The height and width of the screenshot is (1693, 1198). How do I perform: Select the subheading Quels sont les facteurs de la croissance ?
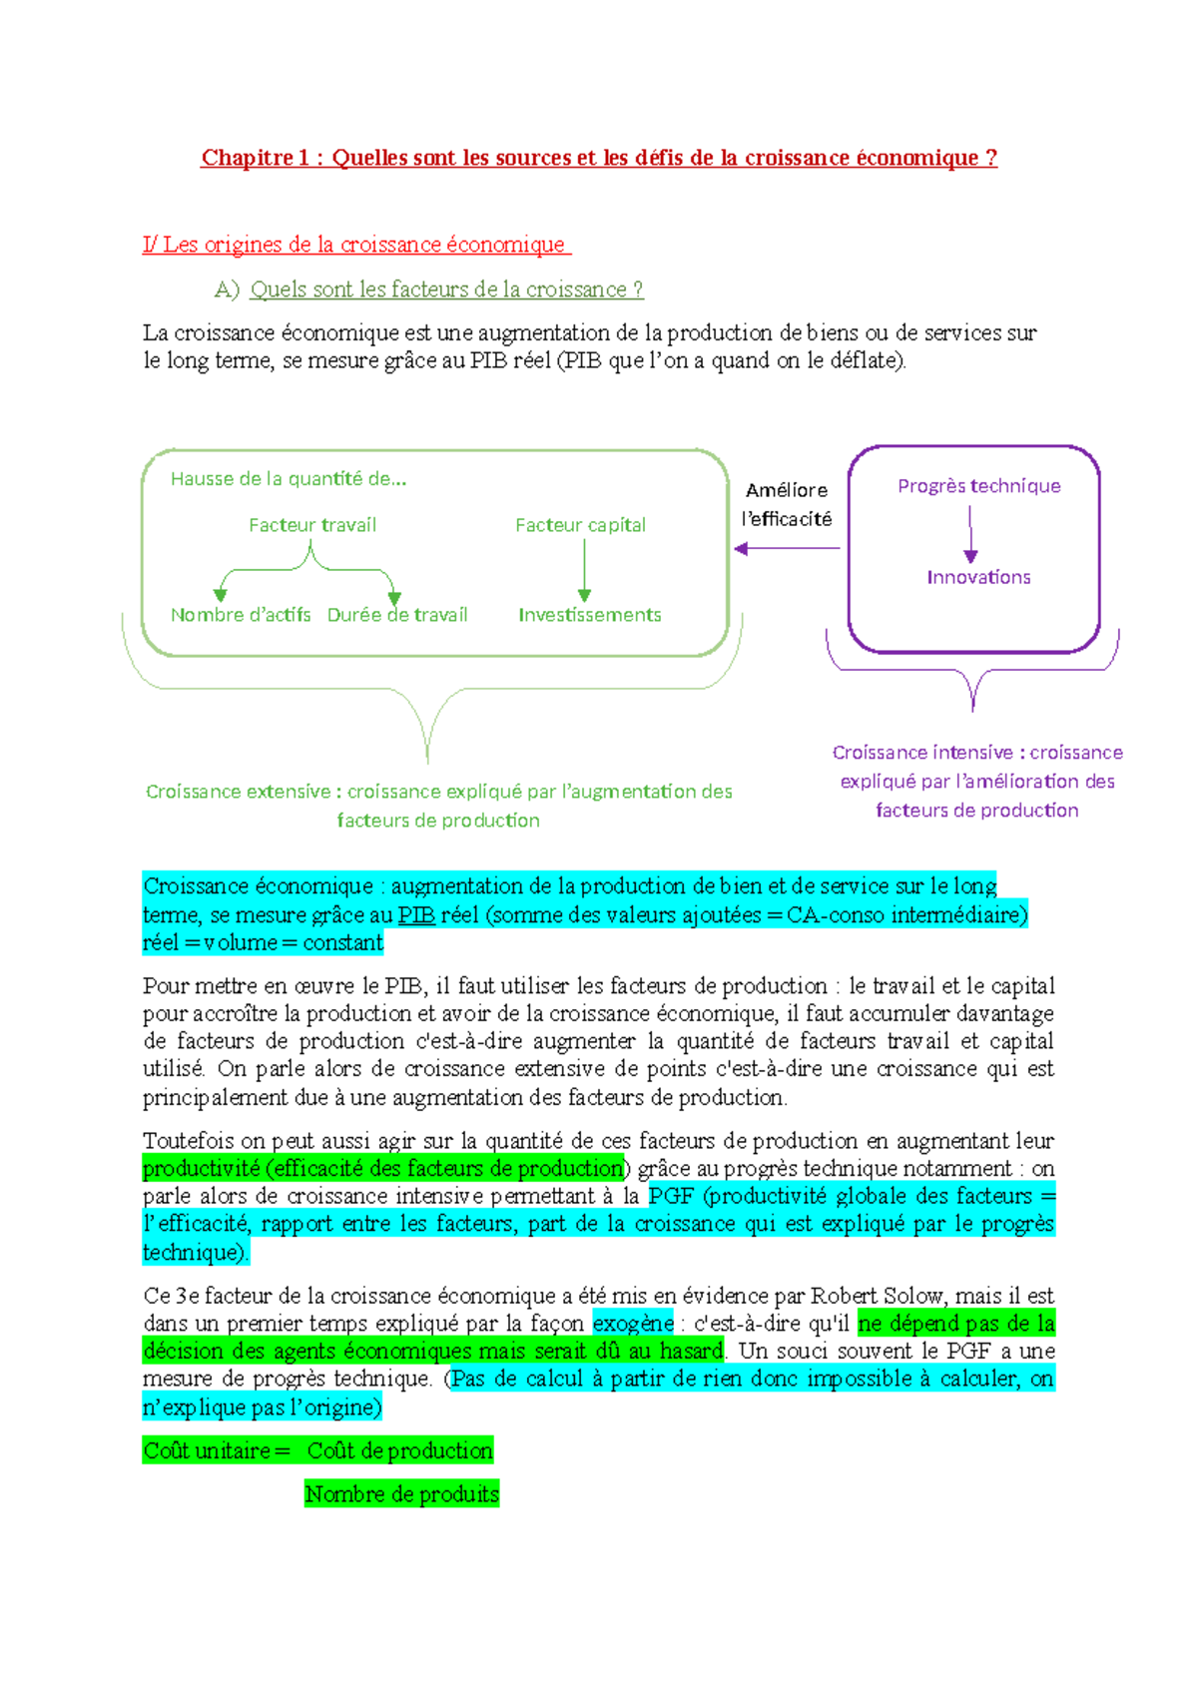click(x=446, y=289)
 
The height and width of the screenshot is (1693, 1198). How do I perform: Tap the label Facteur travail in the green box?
click(x=312, y=525)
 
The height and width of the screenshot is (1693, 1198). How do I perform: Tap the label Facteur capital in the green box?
click(x=580, y=525)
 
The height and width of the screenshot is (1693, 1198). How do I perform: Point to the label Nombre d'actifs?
click(x=241, y=615)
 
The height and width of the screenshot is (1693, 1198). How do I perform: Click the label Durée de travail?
click(x=397, y=615)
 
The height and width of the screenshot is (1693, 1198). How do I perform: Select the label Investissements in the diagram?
click(x=589, y=615)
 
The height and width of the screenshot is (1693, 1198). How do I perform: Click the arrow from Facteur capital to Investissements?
click(x=584, y=569)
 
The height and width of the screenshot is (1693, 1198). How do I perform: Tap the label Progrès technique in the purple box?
click(x=978, y=486)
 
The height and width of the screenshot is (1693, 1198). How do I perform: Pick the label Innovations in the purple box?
click(x=978, y=577)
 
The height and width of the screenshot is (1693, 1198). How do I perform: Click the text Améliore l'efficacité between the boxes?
click(x=787, y=504)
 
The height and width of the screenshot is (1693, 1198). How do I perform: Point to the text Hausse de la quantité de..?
click(x=288, y=479)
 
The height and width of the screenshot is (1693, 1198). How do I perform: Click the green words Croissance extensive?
click(x=238, y=792)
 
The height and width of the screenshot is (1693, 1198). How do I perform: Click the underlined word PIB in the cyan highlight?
click(x=416, y=915)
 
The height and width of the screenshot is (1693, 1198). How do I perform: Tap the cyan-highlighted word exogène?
click(x=633, y=1324)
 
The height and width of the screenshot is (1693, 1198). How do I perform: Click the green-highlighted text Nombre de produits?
click(x=401, y=1494)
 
